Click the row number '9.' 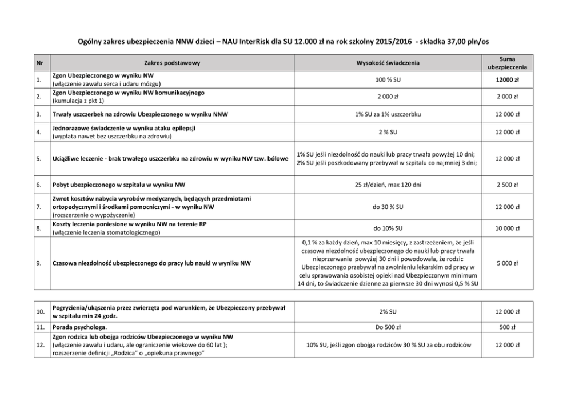(x=38, y=263)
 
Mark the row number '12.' (x=39, y=345)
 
